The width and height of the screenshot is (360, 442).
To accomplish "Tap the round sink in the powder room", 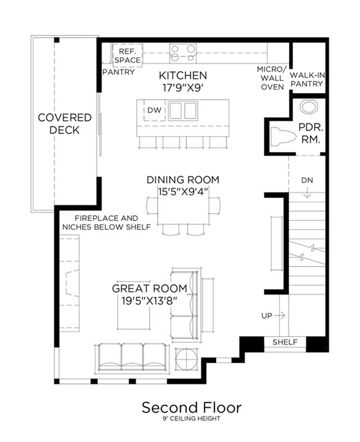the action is [x=309, y=106].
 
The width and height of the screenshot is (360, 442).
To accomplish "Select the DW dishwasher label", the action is [x=155, y=110].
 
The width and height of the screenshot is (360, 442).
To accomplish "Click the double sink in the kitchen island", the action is [x=183, y=111].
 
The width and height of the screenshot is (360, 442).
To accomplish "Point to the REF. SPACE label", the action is [x=128, y=56].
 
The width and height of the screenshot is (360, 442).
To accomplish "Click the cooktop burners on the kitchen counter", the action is [x=183, y=53].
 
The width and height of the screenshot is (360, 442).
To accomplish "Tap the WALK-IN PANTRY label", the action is [x=307, y=79].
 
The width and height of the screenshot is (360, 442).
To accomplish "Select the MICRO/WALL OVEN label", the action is [x=272, y=78].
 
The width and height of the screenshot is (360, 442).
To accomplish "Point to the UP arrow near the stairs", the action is [x=280, y=315].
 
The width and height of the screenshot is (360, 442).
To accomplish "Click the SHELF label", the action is [x=285, y=342].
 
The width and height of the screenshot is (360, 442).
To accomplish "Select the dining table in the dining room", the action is [x=183, y=210].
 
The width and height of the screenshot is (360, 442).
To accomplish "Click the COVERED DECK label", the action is [x=65, y=124].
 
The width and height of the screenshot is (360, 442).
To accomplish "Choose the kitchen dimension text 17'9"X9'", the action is [x=183, y=88].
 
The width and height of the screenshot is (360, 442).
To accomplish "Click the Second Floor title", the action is [x=191, y=408].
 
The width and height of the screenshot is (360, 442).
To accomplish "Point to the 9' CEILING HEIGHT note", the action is [x=191, y=419].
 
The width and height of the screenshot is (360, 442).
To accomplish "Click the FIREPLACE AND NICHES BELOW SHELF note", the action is [x=106, y=223].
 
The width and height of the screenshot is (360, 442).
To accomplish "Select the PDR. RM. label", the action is [x=310, y=133].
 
